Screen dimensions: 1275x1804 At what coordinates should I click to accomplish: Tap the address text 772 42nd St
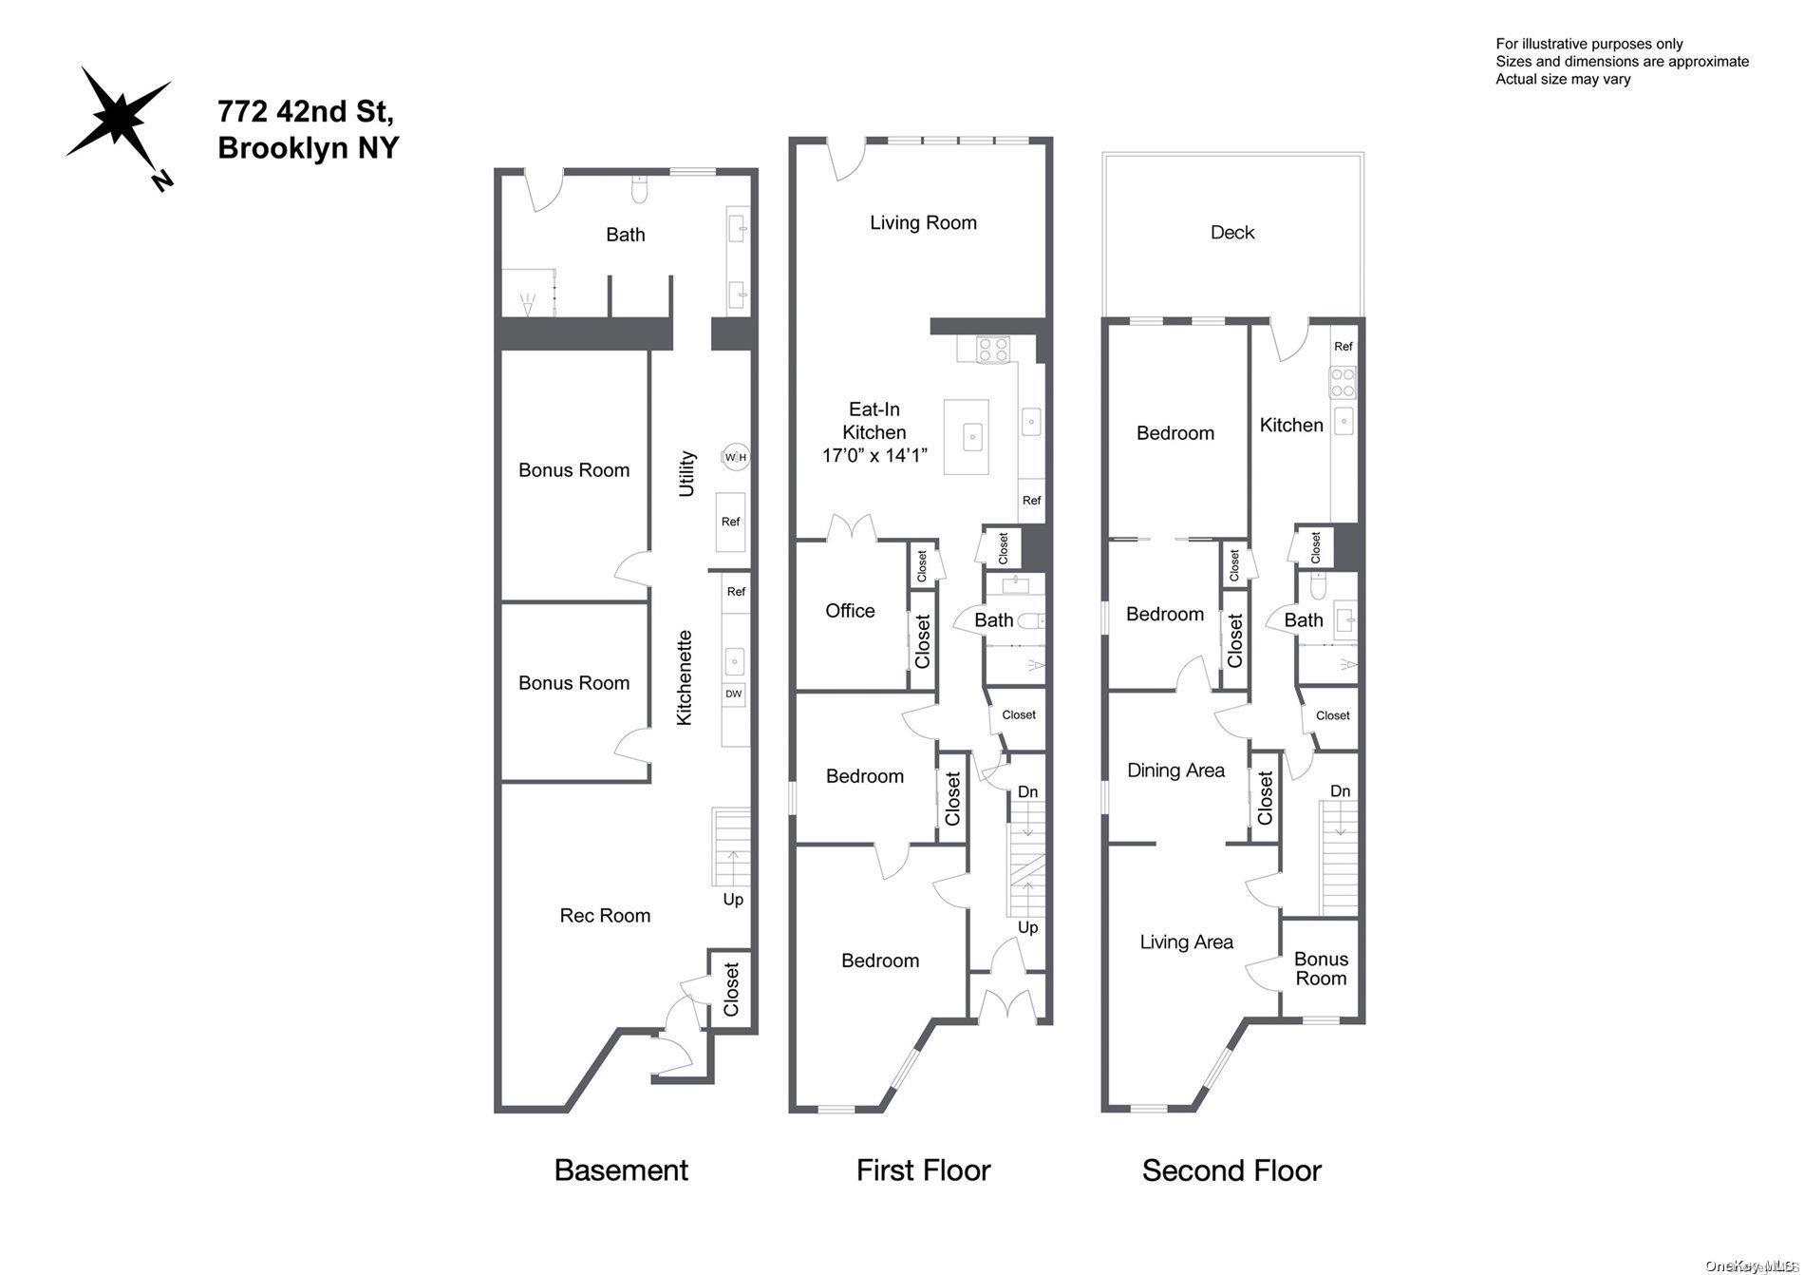pos(305,112)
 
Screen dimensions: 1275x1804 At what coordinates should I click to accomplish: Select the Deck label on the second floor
pos(1231,233)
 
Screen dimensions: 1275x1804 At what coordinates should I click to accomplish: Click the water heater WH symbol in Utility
pos(735,458)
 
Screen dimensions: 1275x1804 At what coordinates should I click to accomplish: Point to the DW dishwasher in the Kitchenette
pos(733,695)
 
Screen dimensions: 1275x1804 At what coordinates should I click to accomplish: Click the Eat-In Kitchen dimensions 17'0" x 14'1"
pos(874,456)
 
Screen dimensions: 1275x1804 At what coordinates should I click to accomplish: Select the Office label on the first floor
pos(849,611)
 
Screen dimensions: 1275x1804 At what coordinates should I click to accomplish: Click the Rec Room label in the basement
pos(605,916)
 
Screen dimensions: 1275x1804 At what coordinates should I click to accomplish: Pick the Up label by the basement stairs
pos(733,899)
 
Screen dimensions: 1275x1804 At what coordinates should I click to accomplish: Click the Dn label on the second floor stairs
pos(1340,791)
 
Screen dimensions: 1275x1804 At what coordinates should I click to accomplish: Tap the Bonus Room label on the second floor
pos(1320,969)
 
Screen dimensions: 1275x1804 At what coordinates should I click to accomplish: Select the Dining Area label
pos(1175,771)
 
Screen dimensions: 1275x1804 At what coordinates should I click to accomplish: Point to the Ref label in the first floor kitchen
pos(1031,501)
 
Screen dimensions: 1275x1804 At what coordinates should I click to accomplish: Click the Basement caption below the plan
pos(621,1170)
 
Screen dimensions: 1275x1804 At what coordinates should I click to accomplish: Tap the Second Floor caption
pos(1231,1170)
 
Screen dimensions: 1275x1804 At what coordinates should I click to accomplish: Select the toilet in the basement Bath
pos(639,192)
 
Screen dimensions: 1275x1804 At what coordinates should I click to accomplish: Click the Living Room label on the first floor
pos(923,223)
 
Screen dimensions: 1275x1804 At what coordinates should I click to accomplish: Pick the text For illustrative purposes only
pos(1588,44)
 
